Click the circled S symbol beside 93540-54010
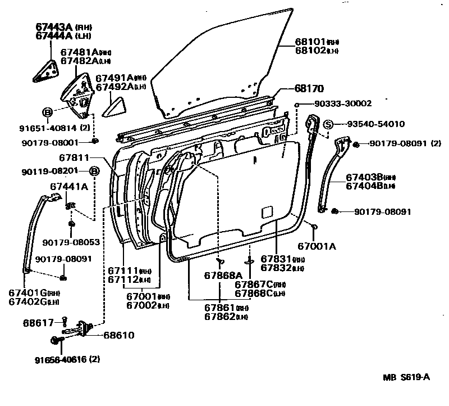click(329, 124)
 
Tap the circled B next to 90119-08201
click(95, 171)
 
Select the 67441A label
click(69, 186)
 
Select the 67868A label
click(223, 275)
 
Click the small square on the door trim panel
click(267, 211)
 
